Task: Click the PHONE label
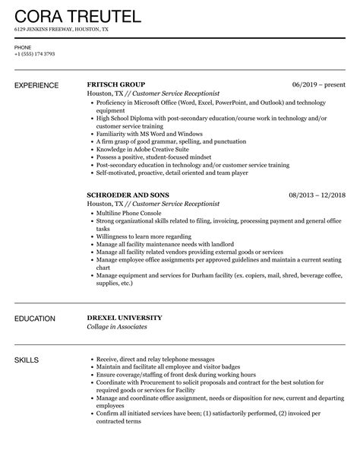click(x=23, y=47)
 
